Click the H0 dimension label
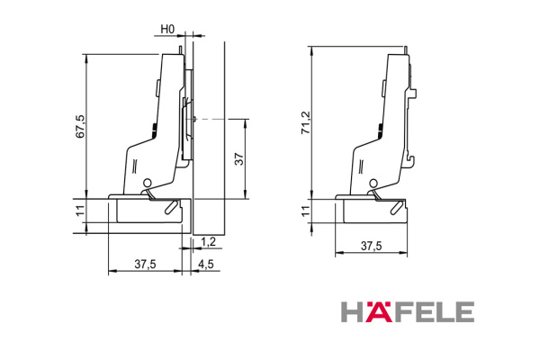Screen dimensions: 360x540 click(166, 30)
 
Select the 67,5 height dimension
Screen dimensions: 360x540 click(80, 125)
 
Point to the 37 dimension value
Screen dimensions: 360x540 click(238, 158)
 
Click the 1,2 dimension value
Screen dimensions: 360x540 click(209, 241)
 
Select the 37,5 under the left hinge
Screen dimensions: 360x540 click(145, 264)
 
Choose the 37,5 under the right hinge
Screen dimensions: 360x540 click(371, 245)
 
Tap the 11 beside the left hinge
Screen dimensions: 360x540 click(80, 211)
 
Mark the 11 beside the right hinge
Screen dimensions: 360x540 click(305, 211)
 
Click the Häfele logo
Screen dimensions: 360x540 click(407, 312)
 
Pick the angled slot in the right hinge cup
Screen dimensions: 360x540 click(394, 207)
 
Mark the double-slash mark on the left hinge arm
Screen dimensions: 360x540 click(135, 165)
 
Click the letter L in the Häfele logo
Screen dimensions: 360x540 click(442, 312)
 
